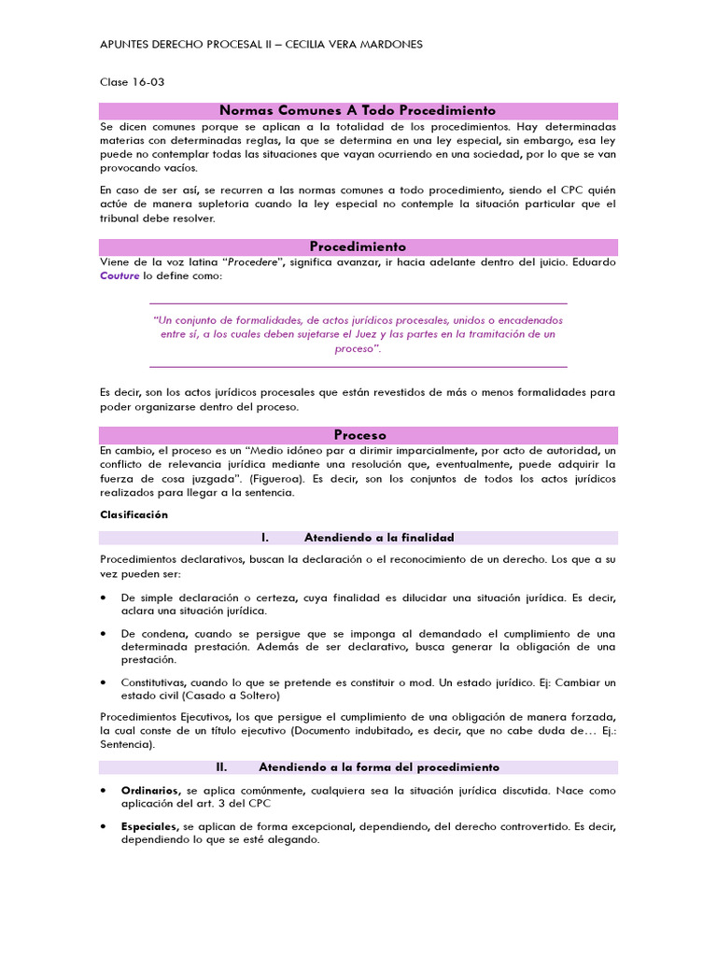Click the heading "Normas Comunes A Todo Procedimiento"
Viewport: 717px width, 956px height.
pos(358,110)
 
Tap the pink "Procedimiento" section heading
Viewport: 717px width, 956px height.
pos(358,246)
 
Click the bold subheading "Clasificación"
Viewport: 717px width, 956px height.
pos(134,514)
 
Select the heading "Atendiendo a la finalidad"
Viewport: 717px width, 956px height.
pos(378,538)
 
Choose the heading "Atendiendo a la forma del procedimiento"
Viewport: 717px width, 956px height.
pos(378,767)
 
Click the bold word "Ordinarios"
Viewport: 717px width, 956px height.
pos(151,790)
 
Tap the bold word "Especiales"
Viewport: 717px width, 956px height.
pos(150,827)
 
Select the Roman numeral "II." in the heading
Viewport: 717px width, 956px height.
pos(222,767)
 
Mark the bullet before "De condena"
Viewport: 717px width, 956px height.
pos(103,634)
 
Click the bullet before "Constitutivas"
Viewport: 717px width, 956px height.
pos(103,682)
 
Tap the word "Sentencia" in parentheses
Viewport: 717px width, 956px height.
pos(128,746)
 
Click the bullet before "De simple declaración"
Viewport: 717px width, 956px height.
pos(103,597)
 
